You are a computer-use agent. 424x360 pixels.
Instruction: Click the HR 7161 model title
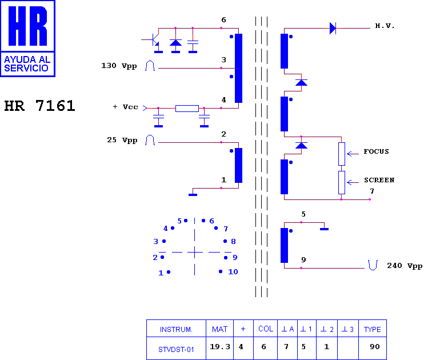click(x=40, y=106)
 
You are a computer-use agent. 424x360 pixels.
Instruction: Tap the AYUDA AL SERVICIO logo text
click(x=27, y=64)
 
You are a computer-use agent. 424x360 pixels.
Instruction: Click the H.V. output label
click(x=385, y=26)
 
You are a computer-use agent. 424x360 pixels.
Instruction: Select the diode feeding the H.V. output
click(x=333, y=28)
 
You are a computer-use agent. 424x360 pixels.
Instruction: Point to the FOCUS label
click(x=376, y=151)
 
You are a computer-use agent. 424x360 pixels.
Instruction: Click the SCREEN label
click(x=379, y=180)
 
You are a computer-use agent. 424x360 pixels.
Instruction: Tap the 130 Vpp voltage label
click(x=119, y=66)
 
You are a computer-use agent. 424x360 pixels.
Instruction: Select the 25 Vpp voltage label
click(x=122, y=140)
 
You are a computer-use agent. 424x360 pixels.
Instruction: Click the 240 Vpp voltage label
click(x=405, y=266)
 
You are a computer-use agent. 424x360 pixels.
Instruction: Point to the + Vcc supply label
click(x=126, y=107)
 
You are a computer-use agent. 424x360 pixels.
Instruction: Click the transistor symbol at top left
click(x=153, y=40)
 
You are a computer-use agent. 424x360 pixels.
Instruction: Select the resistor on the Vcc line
click(x=187, y=109)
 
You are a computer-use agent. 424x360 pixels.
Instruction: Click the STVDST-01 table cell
click(x=176, y=350)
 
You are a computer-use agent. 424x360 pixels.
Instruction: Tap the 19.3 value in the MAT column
click(x=220, y=347)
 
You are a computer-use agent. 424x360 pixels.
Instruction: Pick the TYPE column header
click(x=373, y=330)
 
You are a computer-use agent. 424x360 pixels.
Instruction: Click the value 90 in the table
click(x=375, y=347)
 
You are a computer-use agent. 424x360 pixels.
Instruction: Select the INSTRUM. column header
click(x=176, y=330)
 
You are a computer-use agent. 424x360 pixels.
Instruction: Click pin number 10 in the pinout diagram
click(x=233, y=272)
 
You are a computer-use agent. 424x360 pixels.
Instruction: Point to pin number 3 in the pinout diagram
click(x=156, y=242)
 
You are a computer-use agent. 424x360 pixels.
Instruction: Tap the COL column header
click(x=266, y=329)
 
